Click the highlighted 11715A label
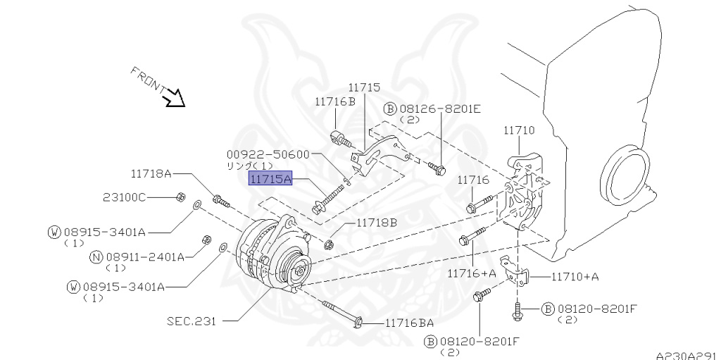(269, 180)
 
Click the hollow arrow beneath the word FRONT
(173, 98)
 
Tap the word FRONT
(147, 80)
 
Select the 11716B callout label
(335, 101)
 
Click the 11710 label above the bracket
(519, 130)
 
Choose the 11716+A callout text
(471, 272)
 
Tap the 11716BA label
(409, 323)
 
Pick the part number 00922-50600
(268, 154)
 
